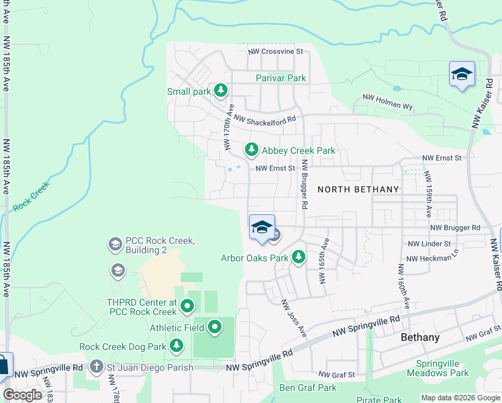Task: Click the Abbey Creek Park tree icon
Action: pyautogui.click(x=252, y=149)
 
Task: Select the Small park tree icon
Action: pyautogui.click(x=220, y=91)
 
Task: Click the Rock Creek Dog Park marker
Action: pyautogui.click(x=177, y=346)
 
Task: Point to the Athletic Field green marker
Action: pyautogui.click(x=215, y=328)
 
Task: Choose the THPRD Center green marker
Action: pyautogui.click(x=187, y=307)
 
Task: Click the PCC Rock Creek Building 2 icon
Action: pyautogui.click(x=115, y=244)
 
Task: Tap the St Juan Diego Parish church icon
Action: pyautogui.click(x=97, y=367)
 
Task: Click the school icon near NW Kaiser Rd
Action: pyautogui.click(x=462, y=74)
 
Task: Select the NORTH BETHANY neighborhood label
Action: pyautogui.click(x=358, y=189)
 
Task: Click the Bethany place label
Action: pyautogui.click(x=420, y=337)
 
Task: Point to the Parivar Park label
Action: pyautogui.click(x=281, y=78)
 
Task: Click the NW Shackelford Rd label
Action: pyautogui.click(x=264, y=120)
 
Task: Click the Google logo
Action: pyautogui.click(x=22, y=395)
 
